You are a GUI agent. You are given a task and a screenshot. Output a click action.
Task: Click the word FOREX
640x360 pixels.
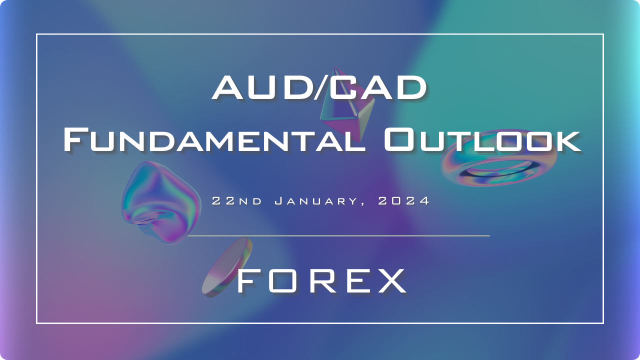pos(321,280)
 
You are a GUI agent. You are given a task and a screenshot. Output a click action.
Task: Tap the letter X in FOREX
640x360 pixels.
pos(390,280)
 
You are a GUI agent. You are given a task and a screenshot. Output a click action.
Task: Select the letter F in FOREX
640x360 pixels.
pos(245,280)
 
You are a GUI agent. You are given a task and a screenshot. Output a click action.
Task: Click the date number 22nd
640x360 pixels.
pos(237,201)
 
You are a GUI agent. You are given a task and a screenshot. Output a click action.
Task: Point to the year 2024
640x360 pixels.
pos(403,201)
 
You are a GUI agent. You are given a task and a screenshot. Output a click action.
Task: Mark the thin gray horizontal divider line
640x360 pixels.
pos(338,235)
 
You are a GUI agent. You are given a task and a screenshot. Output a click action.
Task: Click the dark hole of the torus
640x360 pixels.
pos(497,169)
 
